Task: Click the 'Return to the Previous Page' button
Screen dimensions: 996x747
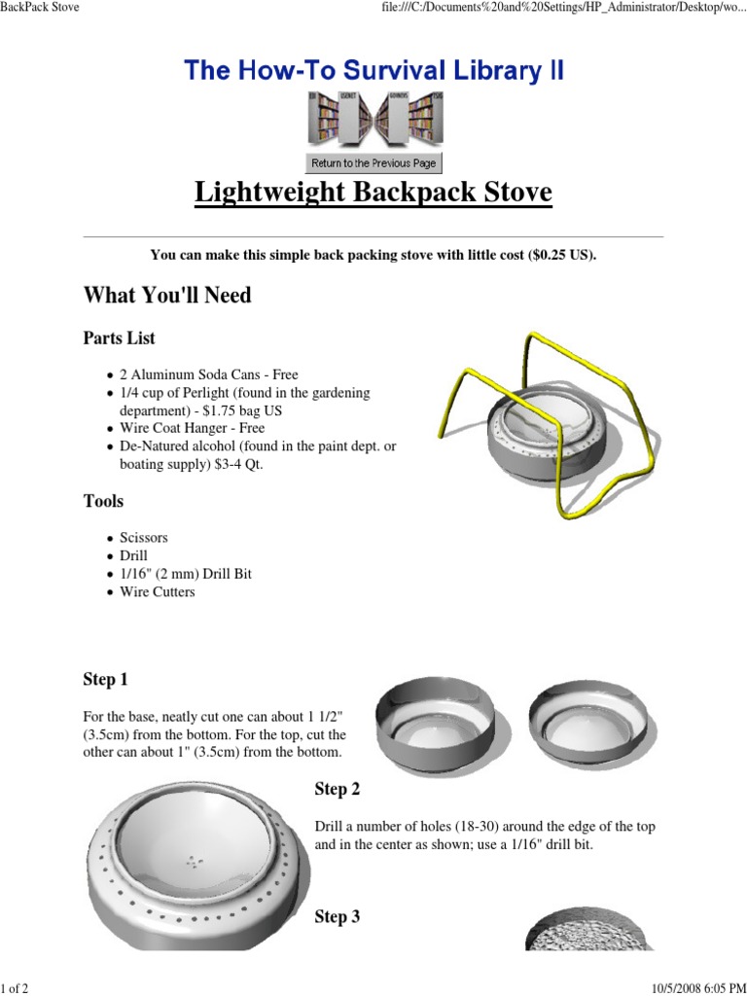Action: [x=373, y=163]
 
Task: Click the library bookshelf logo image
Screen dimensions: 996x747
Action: [x=373, y=118]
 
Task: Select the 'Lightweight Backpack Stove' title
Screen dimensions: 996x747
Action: [x=373, y=193]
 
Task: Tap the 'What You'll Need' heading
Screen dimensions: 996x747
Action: [x=167, y=295]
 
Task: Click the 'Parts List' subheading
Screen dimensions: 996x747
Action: [x=119, y=338]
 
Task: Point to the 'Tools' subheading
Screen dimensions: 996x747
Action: [x=103, y=501]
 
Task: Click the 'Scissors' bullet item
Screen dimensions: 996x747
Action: [x=144, y=538]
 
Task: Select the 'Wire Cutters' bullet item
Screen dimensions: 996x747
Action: [x=158, y=591]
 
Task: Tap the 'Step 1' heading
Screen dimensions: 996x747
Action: [x=106, y=679]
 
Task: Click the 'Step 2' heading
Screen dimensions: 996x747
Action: [x=338, y=789]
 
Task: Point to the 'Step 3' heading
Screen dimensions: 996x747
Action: [x=338, y=916]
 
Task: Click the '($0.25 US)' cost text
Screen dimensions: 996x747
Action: [x=562, y=255]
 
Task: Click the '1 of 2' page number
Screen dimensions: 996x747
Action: [x=16, y=988]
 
